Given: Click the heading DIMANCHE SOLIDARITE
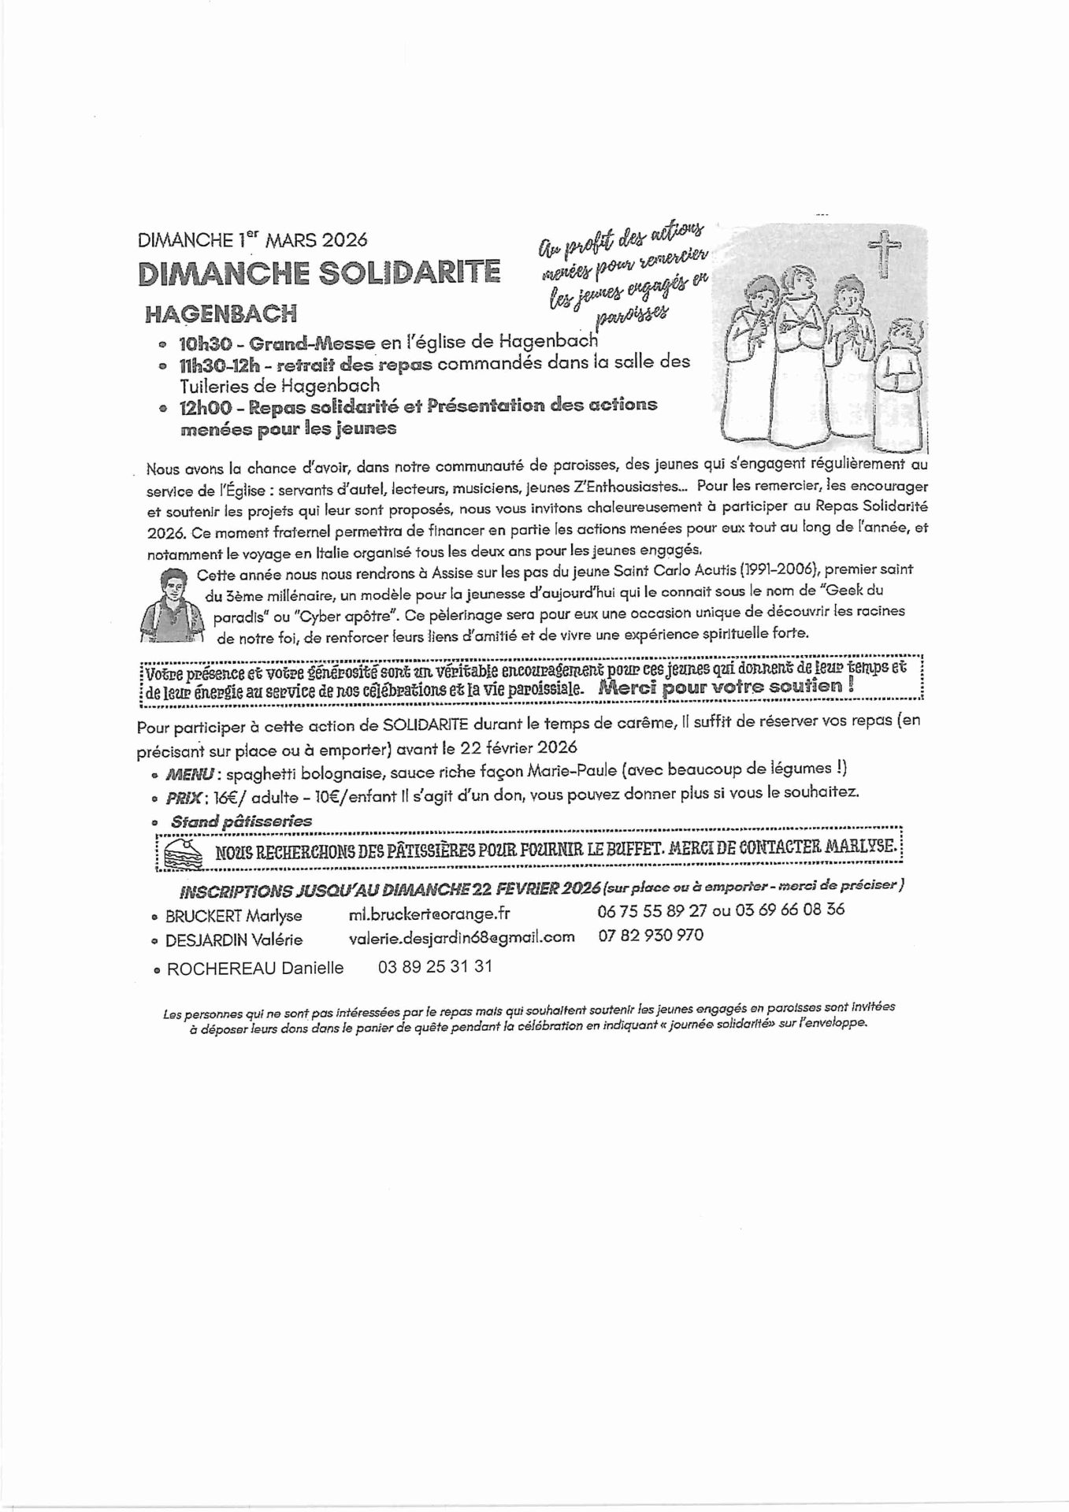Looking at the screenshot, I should click(319, 272).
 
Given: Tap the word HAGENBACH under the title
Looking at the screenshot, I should click(221, 313).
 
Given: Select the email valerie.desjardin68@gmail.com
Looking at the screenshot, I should click(462, 937).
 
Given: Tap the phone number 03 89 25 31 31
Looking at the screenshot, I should click(435, 966).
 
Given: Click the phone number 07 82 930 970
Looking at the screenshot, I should click(651, 936).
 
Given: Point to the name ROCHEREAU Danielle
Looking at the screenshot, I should click(254, 969).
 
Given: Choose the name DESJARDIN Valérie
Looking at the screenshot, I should click(233, 939).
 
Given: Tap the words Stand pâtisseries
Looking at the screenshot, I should click(240, 821).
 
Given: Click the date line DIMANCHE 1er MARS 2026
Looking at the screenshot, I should click(252, 239).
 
